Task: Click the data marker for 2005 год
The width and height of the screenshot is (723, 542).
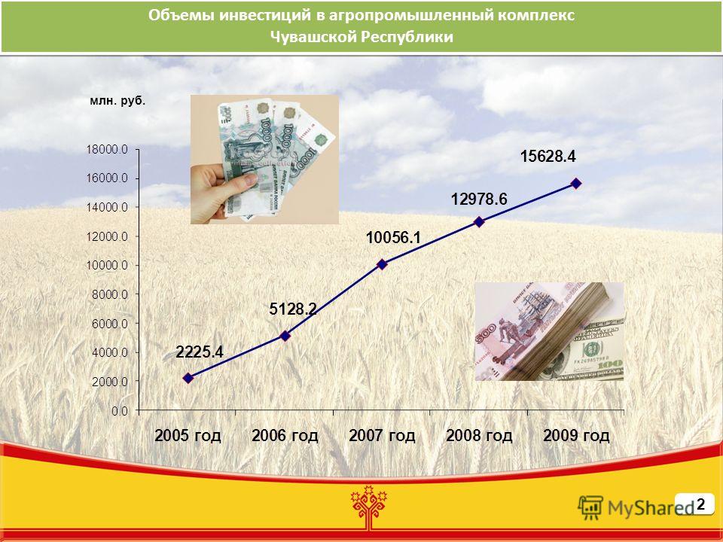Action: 188,378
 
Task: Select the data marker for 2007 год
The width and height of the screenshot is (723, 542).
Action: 383,264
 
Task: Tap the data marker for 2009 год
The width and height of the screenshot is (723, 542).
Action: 576,184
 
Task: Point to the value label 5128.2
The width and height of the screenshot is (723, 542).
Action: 293,309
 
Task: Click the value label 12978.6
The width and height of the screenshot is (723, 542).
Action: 479,199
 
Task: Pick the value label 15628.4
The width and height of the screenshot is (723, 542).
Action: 548,157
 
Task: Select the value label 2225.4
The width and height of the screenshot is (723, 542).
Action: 200,352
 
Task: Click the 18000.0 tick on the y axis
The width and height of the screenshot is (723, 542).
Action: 106,149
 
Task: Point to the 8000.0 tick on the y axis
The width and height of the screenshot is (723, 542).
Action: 110,294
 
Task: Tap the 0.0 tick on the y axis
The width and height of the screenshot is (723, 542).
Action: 120,411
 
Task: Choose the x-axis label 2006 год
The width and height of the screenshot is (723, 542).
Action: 285,436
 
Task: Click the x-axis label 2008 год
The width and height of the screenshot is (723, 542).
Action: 479,436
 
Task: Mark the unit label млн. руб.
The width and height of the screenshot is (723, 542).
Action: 117,102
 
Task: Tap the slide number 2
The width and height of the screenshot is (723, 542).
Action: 701,504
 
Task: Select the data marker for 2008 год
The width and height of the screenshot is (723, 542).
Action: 479,221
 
